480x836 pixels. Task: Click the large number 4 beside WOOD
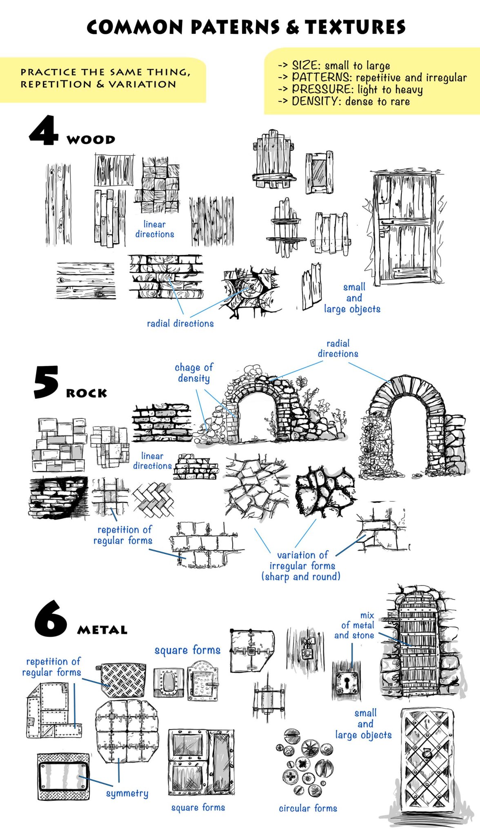point(44,131)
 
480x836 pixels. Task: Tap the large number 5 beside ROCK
point(46,382)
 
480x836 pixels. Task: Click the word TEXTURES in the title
point(355,27)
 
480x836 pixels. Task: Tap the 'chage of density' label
point(193,373)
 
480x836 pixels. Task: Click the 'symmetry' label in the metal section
point(127,793)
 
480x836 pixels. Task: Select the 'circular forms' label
point(308,808)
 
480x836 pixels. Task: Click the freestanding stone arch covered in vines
point(410,429)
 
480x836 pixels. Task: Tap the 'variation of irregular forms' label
point(302,566)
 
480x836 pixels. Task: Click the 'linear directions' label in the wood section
point(155,229)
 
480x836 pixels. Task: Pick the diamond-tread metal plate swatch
point(123,679)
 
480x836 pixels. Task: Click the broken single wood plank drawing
point(311,286)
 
